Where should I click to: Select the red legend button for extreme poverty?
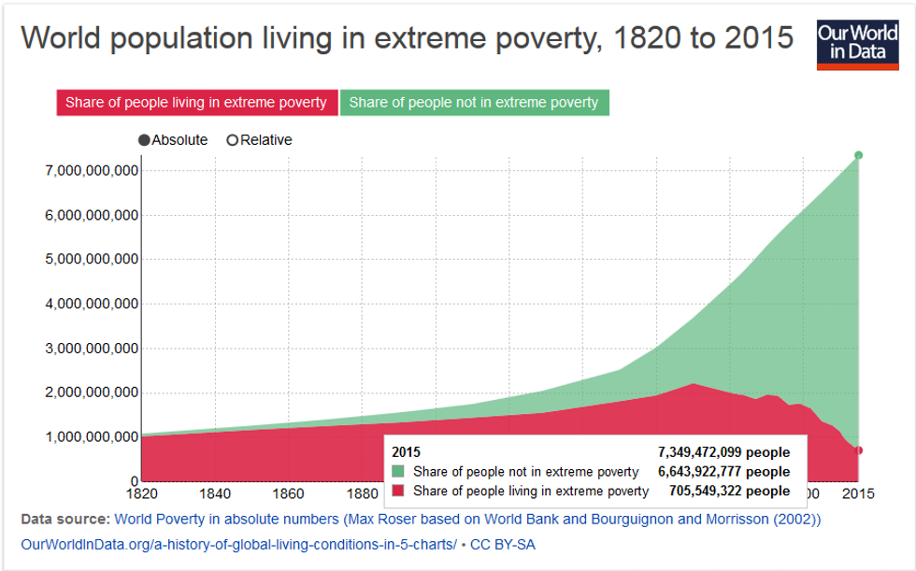[x=195, y=102]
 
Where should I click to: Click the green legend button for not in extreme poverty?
[x=474, y=102]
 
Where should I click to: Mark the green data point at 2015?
[x=859, y=155]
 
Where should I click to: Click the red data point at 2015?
[x=859, y=450]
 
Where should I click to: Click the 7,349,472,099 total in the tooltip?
[x=723, y=452]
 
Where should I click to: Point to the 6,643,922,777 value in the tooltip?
[x=723, y=472]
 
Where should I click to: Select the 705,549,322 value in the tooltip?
[x=729, y=491]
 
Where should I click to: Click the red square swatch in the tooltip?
[x=399, y=491]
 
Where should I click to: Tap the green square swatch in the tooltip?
[x=399, y=472]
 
